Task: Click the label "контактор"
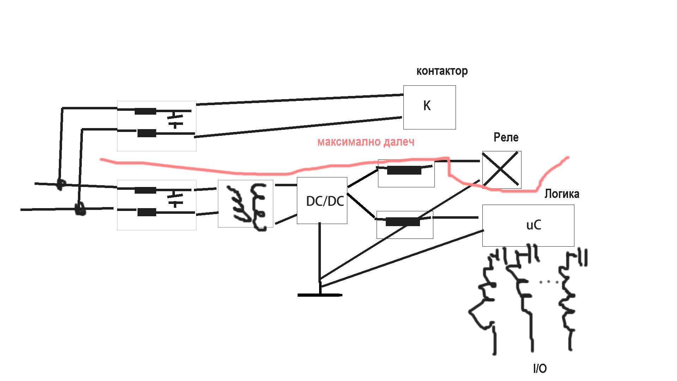tap(442, 71)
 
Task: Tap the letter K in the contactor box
tap(427, 105)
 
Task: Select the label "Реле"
tap(506, 137)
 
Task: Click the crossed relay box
tap(502, 170)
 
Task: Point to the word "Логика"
tap(562, 194)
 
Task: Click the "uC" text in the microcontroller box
tap(533, 225)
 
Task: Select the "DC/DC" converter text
tap(325, 201)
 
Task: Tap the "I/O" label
tap(540, 369)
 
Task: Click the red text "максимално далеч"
tap(366, 142)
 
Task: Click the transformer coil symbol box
tap(245, 204)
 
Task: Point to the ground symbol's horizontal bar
tap(320, 295)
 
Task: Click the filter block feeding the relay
tap(406, 173)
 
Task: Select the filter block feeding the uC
tap(405, 225)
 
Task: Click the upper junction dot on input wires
tap(61, 184)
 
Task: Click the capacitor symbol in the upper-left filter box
tap(175, 120)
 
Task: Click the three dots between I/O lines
tap(549, 282)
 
